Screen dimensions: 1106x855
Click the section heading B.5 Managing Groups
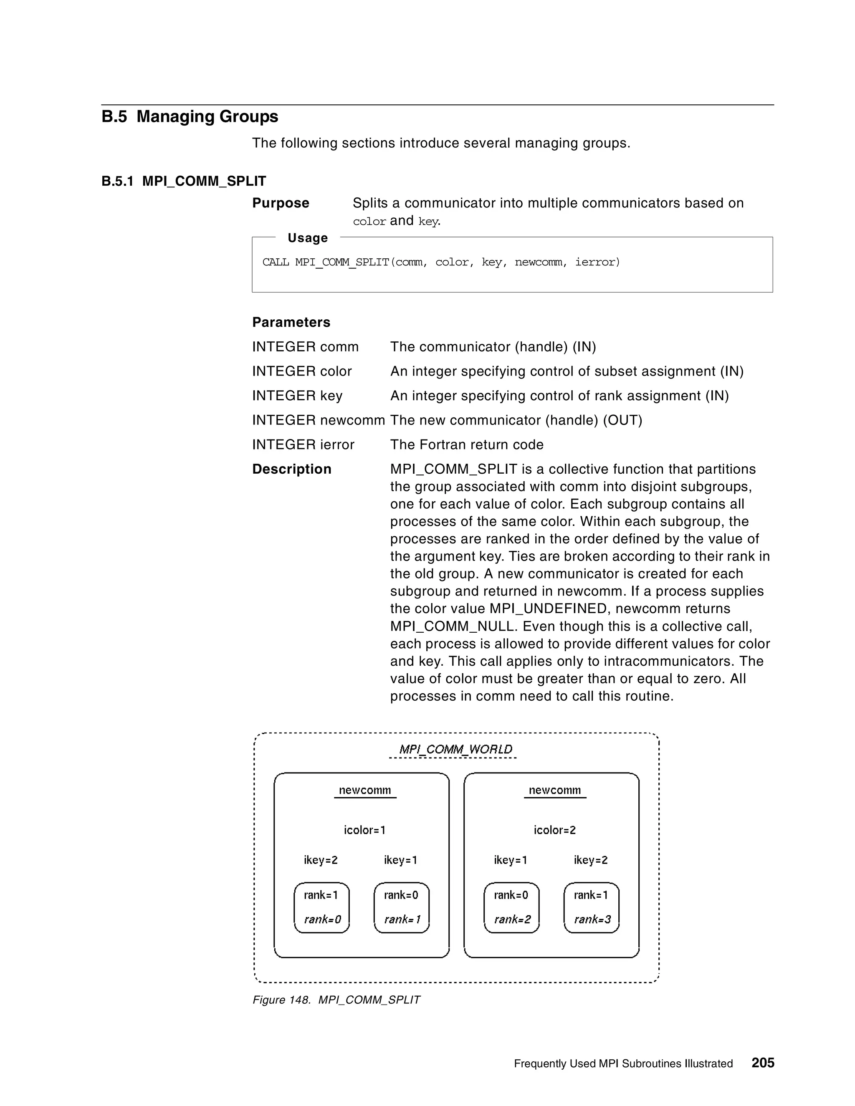[190, 116]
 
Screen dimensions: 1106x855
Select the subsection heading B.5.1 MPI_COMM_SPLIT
[183, 181]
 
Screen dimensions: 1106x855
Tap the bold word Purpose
[281, 203]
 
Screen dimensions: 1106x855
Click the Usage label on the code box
[307, 237]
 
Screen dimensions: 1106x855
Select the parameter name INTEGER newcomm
[318, 420]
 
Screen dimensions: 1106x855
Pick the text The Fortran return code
[466, 444]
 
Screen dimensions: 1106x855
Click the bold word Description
[292, 469]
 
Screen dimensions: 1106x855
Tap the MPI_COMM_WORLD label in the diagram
[455, 749]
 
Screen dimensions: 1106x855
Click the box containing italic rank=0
[321, 907]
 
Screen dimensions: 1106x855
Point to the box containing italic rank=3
[591, 907]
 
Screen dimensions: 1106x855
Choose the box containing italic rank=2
[511, 907]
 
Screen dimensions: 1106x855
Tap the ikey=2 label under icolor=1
[320, 860]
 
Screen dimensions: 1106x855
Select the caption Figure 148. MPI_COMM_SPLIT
[336, 1000]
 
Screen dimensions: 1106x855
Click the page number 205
[762, 1063]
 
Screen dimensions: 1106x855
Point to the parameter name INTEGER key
[297, 396]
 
